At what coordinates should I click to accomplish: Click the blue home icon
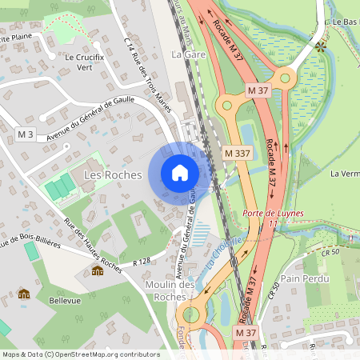point(179,173)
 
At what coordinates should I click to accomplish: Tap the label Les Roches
point(112,174)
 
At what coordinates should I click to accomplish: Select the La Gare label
point(189,54)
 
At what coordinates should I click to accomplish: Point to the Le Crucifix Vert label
point(90,62)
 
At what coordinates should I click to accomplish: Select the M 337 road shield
point(238,153)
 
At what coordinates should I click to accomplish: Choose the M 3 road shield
point(26,134)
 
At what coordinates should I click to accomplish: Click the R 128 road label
point(142,261)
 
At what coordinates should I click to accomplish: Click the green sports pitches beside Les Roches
point(61,188)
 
